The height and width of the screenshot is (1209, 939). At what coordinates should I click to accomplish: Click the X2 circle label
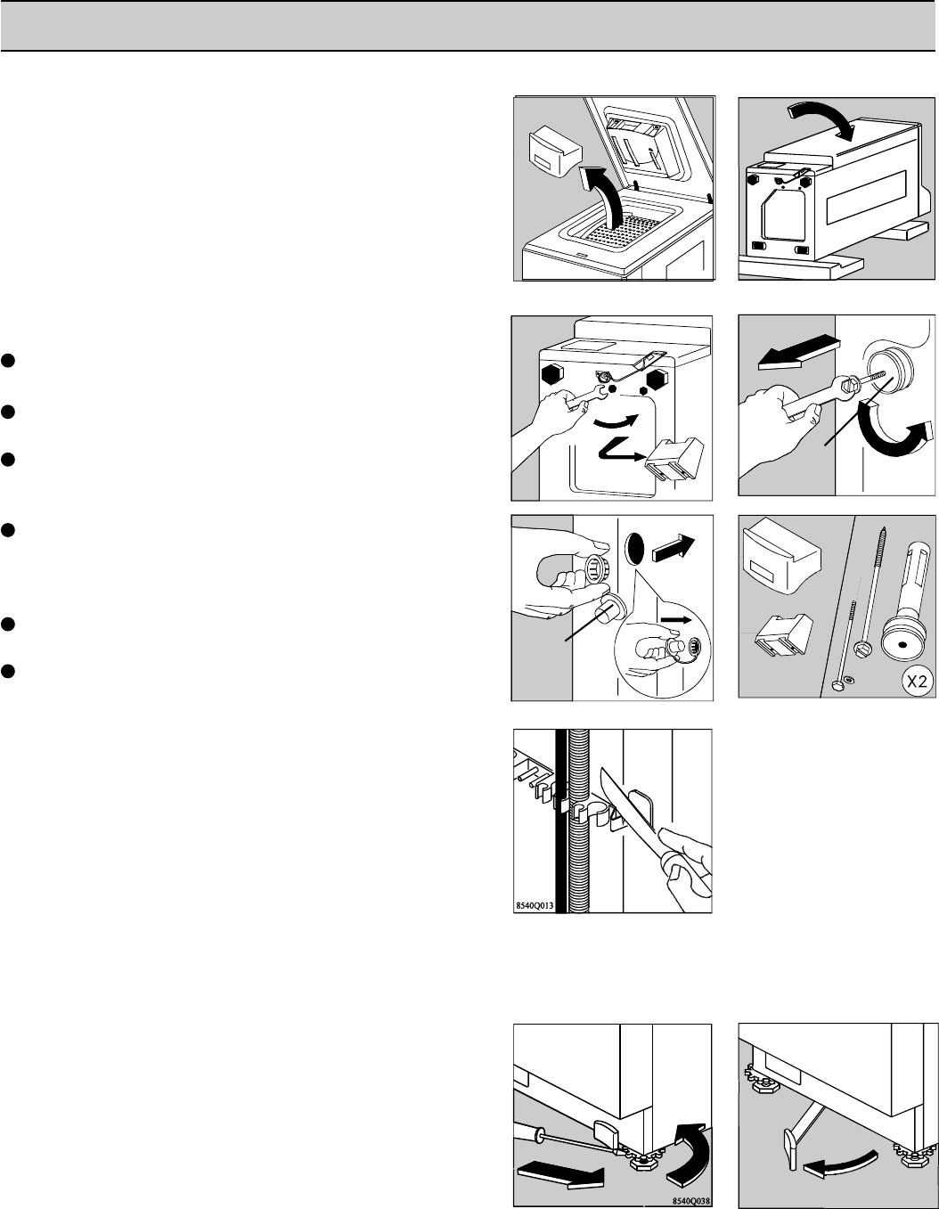[916, 682]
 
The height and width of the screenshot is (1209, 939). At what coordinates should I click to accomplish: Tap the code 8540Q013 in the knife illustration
[535, 905]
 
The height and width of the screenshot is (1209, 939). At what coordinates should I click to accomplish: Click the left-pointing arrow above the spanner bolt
[797, 352]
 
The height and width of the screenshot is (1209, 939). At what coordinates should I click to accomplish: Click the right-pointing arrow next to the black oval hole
[674, 549]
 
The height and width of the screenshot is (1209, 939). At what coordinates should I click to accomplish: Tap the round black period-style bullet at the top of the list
[7, 361]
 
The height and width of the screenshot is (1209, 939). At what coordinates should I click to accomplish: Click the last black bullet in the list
[7, 672]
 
